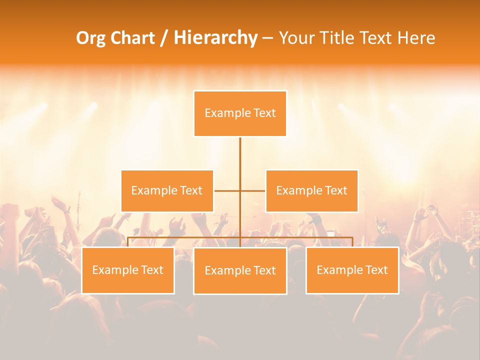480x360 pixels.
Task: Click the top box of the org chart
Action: click(x=240, y=113)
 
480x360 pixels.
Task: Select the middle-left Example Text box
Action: click(x=167, y=190)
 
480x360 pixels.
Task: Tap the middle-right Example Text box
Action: click(x=311, y=190)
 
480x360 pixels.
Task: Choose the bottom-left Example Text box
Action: click(x=128, y=270)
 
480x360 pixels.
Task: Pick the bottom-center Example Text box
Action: click(x=240, y=270)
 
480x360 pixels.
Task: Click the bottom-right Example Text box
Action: click(x=352, y=270)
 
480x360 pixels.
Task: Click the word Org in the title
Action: click(x=91, y=38)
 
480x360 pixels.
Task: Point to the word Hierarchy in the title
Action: click(x=215, y=38)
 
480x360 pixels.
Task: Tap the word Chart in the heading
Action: click(x=133, y=38)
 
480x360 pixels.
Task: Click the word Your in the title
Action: click(x=294, y=38)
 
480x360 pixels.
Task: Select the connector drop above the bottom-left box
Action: click(x=128, y=242)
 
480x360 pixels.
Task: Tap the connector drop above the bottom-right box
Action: click(x=352, y=242)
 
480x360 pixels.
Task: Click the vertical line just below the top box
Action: click(x=240, y=150)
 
